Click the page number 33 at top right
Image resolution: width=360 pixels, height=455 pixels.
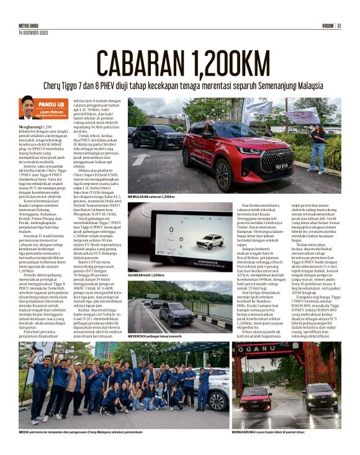pyautogui.click(x=339, y=25)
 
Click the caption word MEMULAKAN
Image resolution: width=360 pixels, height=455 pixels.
pyautogui.click(x=140, y=196)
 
